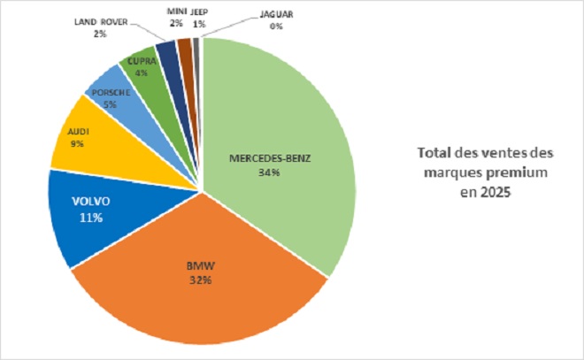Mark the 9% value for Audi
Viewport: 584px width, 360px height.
pyautogui.click(x=78, y=142)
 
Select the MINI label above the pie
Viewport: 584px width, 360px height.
pyautogui.click(x=176, y=11)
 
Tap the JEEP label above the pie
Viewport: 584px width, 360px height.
pyautogui.click(x=198, y=11)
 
